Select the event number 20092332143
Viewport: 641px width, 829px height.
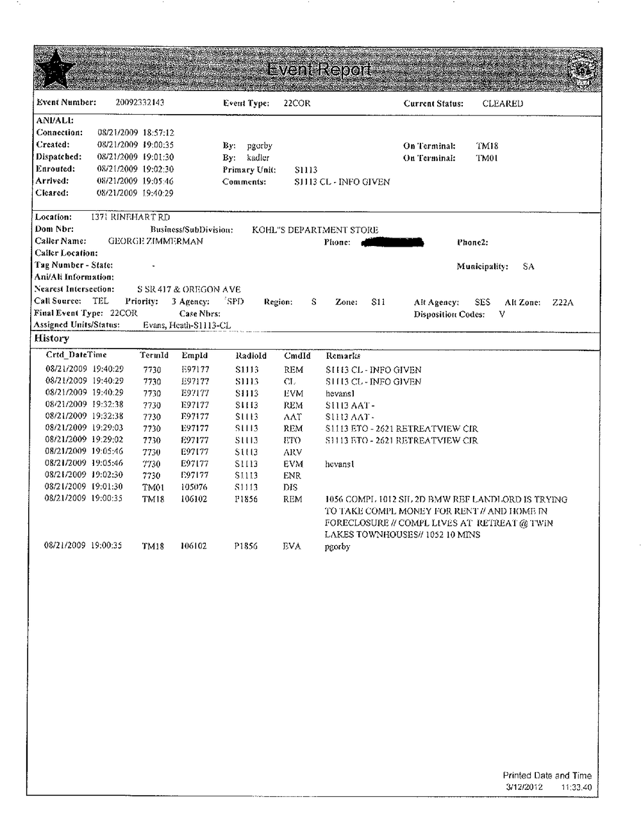[x=139, y=103]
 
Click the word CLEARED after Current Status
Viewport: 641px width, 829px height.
[x=503, y=103]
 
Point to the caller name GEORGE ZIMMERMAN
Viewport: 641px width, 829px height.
[x=155, y=242]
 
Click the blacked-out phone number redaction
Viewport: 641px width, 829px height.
[x=392, y=242]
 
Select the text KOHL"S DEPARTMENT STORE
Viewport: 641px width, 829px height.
[x=315, y=230]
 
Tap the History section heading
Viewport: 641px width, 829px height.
[x=51, y=338]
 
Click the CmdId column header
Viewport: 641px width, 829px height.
[x=297, y=356]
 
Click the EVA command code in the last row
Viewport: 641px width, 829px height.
[x=292, y=546]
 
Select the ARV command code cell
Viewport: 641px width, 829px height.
[x=292, y=452]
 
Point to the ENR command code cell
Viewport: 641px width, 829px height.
[x=292, y=475]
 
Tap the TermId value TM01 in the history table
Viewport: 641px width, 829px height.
[x=153, y=488]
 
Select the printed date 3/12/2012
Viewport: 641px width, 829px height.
[x=524, y=787]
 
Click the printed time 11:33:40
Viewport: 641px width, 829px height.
[x=576, y=787]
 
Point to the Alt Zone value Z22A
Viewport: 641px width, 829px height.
[x=563, y=302]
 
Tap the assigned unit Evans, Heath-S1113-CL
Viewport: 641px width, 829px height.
[x=187, y=325]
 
